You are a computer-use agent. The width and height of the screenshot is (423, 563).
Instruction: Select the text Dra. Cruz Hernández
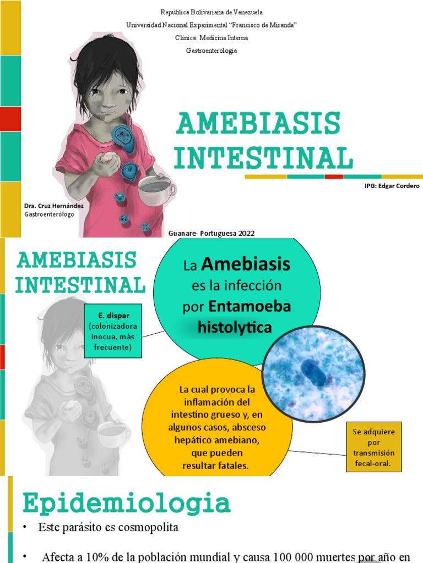tap(54, 206)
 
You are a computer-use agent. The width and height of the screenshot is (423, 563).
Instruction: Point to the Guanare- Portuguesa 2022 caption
tap(211, 233)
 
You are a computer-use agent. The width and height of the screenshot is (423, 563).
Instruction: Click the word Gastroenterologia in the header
tap(211, 51)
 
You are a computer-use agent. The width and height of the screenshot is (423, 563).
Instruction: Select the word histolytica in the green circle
tap(235, 328)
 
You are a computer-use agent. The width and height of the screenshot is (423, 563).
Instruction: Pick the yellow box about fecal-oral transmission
tap(374, 446)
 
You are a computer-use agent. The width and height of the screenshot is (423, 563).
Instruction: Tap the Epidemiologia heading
tap(126, 504)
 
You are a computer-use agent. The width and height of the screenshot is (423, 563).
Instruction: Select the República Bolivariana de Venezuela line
tap(211, 12)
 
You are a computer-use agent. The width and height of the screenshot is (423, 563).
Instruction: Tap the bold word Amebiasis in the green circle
tap(246, 265)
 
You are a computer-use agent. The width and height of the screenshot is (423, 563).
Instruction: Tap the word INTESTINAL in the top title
tap(263, 157)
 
